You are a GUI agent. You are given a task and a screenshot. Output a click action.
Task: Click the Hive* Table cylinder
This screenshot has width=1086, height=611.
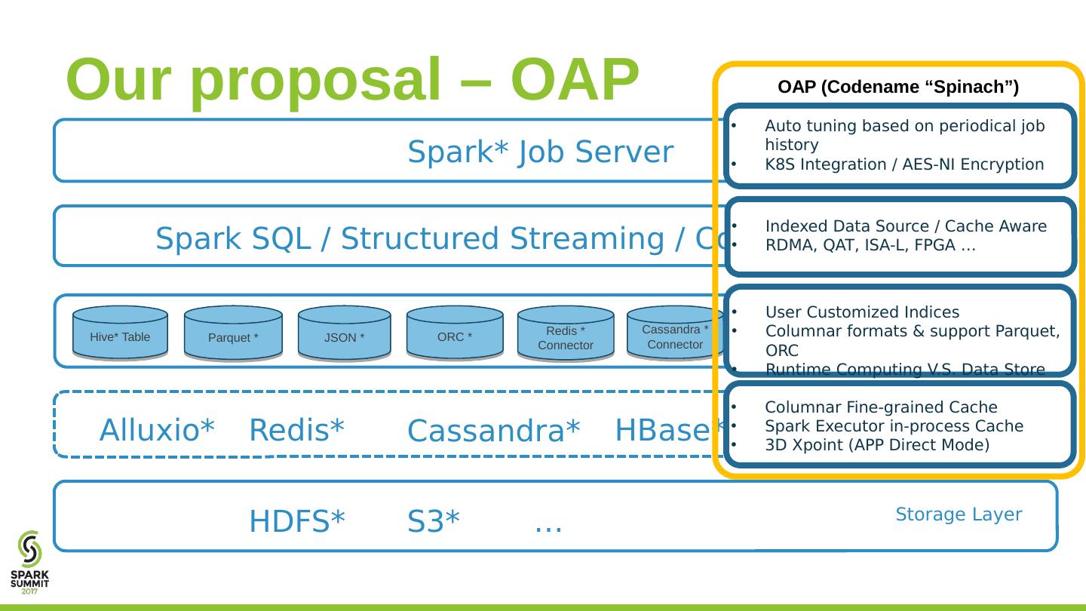pos(120,332)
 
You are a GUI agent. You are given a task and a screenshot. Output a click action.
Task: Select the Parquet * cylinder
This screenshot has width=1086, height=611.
pos(233,333)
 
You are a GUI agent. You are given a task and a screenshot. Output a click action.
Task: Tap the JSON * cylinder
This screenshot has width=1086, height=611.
pos(345,333)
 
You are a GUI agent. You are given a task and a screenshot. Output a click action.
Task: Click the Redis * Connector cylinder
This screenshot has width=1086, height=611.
pos(566,333)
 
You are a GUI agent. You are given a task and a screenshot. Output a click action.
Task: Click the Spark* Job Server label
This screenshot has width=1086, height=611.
pos(540,153)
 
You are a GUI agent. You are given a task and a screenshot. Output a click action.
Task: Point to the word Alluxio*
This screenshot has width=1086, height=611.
pos(158,430)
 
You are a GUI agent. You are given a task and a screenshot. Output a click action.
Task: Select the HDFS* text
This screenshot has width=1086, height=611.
pos(297,521)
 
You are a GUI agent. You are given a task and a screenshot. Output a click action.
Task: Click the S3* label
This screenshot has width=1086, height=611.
pos(434,521)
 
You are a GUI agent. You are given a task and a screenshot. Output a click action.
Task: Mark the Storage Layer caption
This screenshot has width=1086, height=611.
pos(959,514)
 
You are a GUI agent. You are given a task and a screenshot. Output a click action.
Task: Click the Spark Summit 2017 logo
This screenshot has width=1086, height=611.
pos(29,561)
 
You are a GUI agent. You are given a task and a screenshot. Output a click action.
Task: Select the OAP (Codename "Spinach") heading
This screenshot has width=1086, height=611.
pos(898,88)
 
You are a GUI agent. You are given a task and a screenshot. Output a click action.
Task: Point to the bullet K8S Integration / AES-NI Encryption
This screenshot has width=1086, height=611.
pos(904,164)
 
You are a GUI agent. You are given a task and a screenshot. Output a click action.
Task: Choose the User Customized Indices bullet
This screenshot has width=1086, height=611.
pos(862,312)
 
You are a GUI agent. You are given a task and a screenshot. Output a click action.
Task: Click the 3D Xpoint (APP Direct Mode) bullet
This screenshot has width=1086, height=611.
pos(877,444)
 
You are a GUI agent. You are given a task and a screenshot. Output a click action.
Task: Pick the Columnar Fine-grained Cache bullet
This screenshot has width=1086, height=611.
pos(881,407)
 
